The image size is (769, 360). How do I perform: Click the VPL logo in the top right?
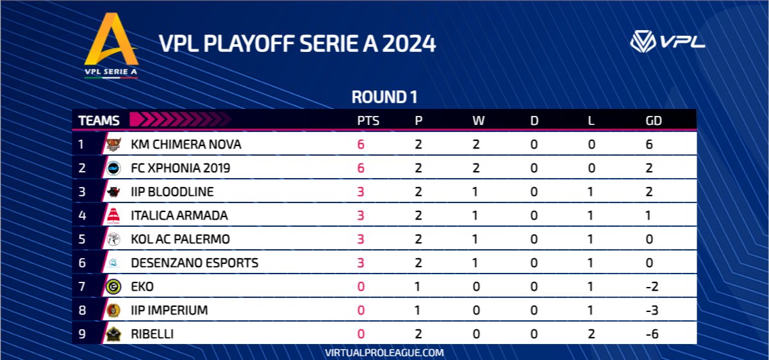(667, 42)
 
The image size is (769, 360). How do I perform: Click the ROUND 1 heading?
(384, 97)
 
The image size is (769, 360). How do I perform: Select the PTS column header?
(368, 120)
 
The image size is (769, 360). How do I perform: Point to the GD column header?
(654, 120)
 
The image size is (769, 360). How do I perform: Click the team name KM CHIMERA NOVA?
(186, 144)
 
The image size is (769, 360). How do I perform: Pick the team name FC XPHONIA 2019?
(180, 168)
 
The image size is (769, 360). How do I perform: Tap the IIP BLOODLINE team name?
(172, 192)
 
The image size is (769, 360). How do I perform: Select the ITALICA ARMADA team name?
(179, 215)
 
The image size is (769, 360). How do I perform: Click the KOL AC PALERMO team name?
(180, 239)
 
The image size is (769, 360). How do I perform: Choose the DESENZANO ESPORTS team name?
(194, 263)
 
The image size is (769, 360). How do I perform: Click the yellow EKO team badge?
(113, 286)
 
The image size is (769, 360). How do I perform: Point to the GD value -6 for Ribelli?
(654, 334)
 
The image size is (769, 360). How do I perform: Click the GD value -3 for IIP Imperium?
(654, 310)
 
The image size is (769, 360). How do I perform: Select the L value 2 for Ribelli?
(591, 334)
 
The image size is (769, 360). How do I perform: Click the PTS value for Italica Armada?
(361, 215)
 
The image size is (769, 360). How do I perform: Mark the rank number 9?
(81, 334)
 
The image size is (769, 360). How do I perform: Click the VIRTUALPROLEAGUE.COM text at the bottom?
(384, 352)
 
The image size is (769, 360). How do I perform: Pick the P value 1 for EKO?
(418, 286)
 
